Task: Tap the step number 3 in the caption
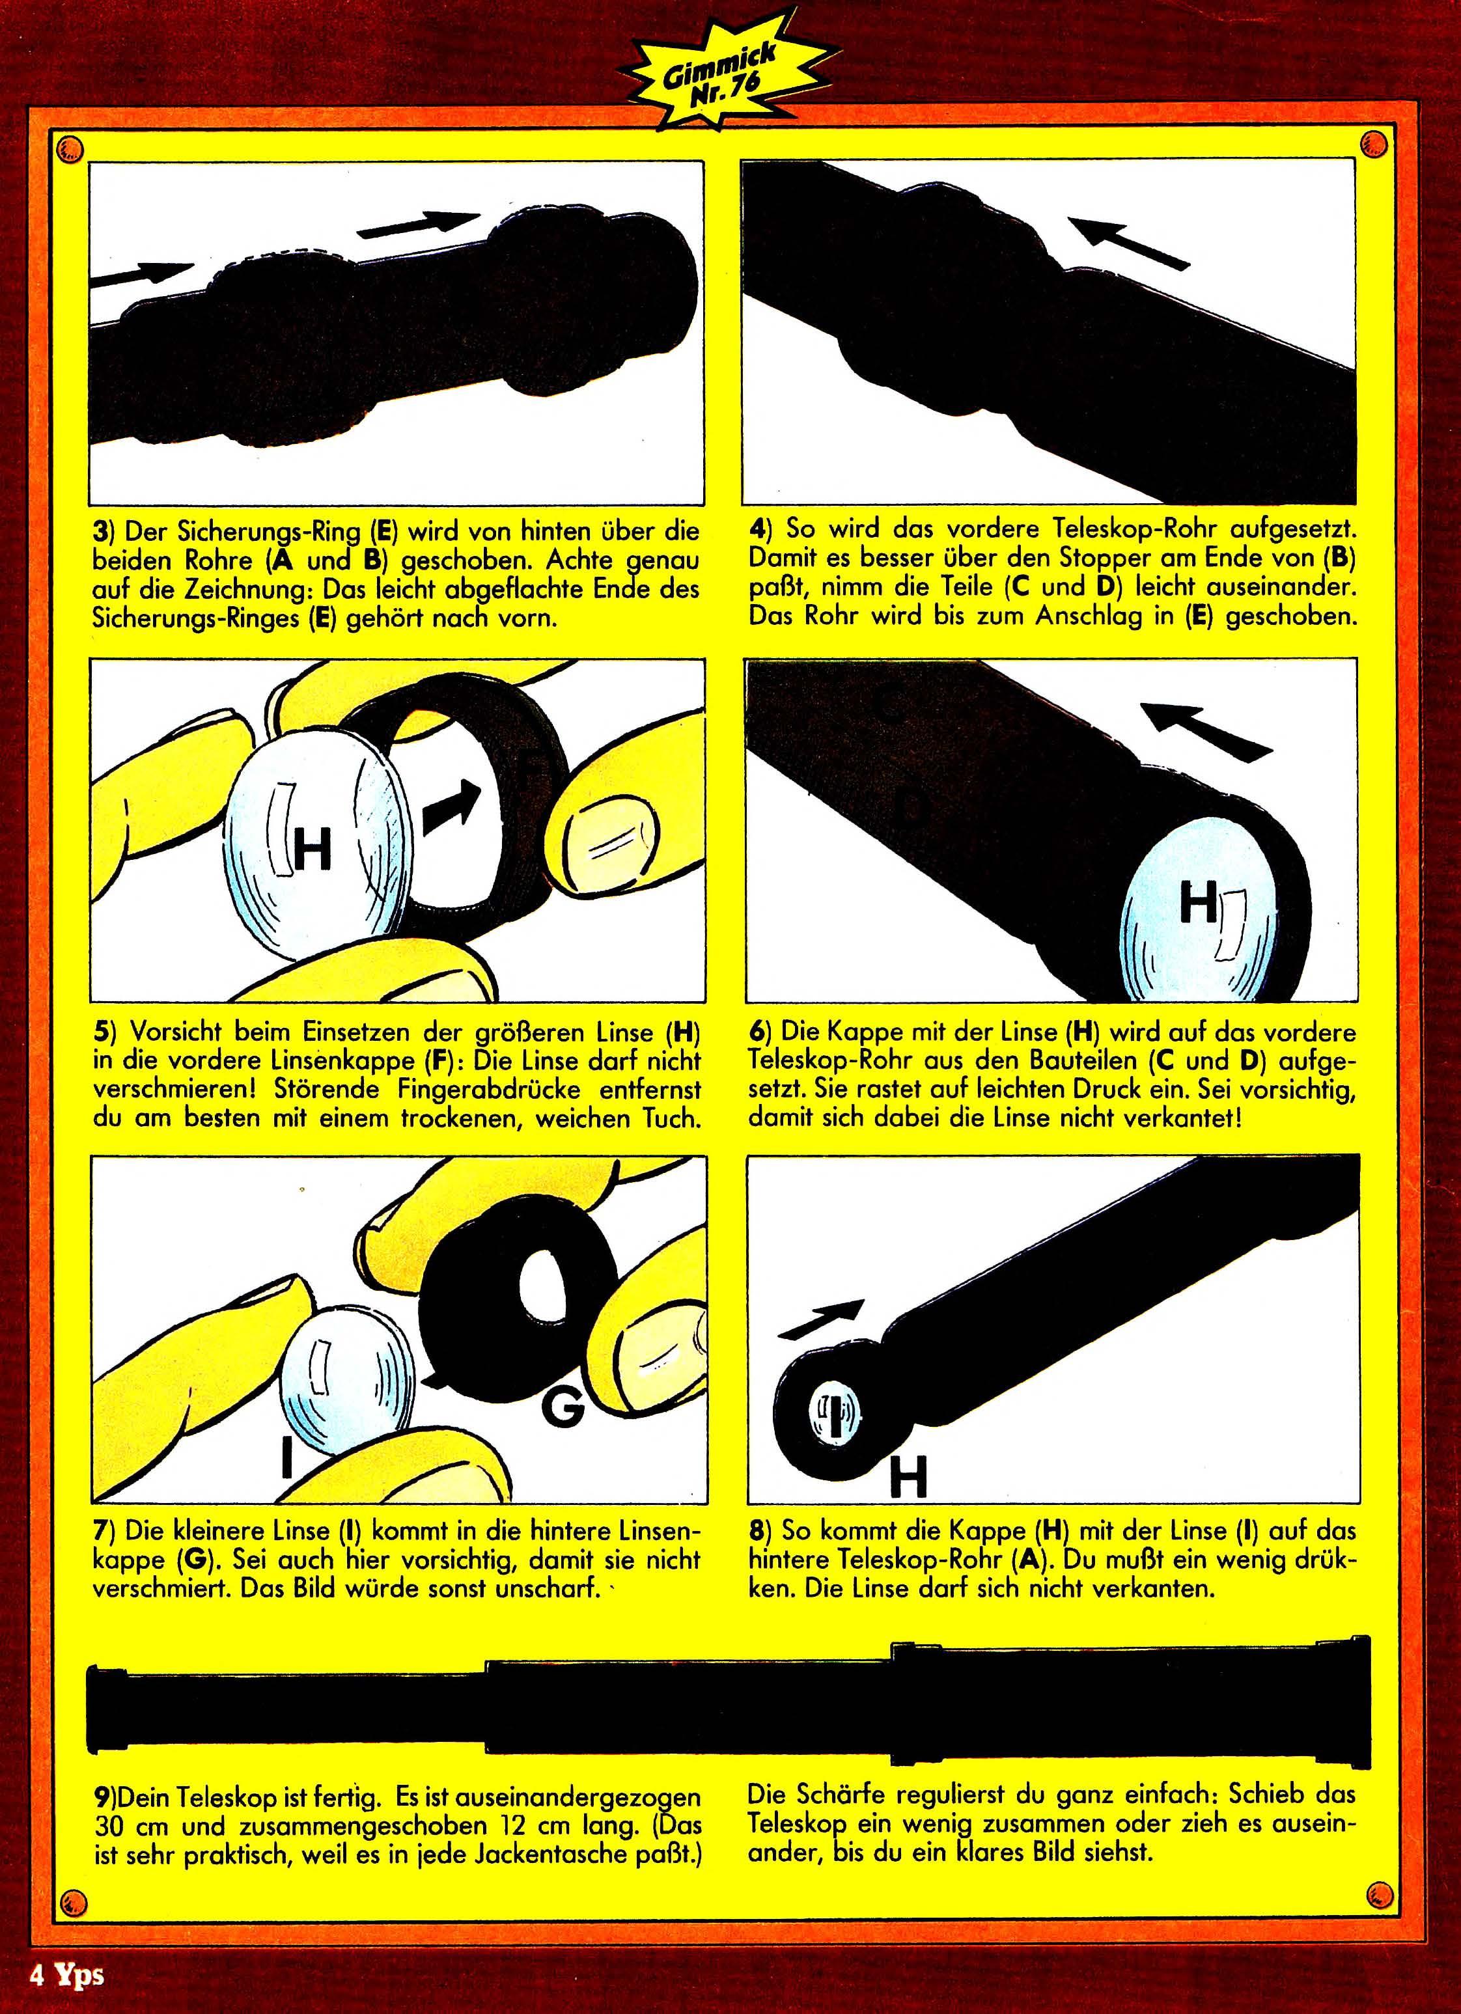[100, 531]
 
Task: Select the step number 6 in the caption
[756, 1033]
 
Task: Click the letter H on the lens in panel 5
[312, 851]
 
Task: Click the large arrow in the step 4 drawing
[1127, 241]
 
